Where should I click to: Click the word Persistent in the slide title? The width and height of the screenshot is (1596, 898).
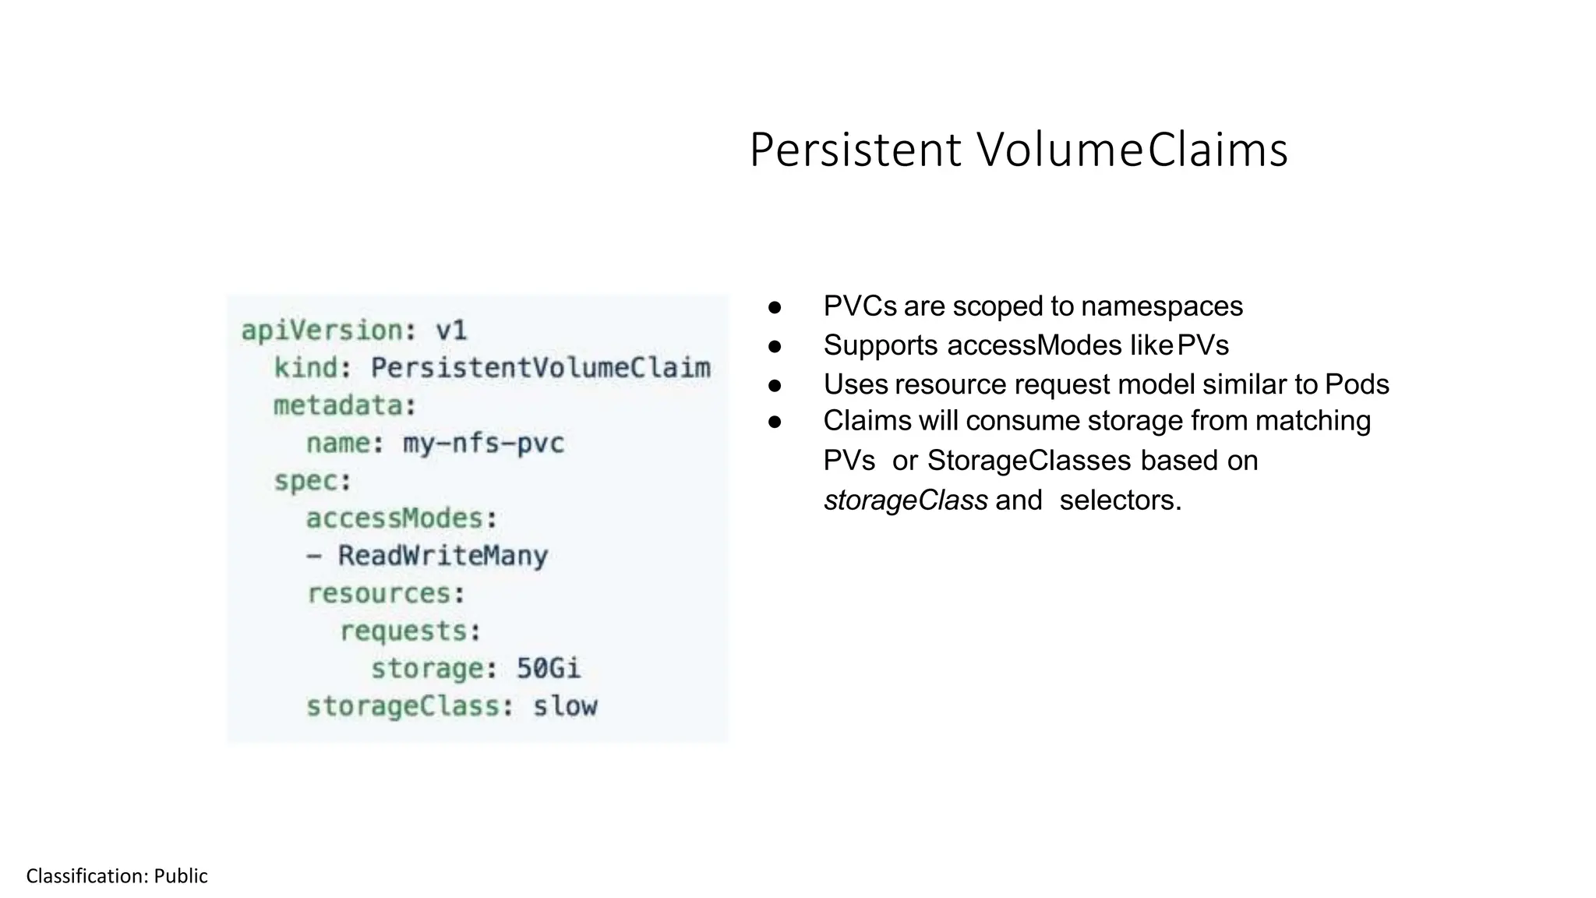pyautogui.click(x=855, y=150)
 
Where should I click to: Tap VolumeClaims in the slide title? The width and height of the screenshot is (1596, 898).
pyautogui.click(x=1132, y=150)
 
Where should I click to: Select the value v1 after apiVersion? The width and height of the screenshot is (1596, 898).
pyautogui.click(x=451, y=331)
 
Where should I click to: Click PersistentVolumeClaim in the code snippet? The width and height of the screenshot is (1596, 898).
pyautogui.click(x=540, y=368)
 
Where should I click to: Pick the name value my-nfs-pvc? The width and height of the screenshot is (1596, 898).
pyautogui.click(x=483, y=444)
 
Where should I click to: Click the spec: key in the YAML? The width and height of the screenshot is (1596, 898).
pyautogui.click(x=312, y=481)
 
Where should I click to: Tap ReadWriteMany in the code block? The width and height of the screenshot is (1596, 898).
pyautogui.click(x=443, y=556)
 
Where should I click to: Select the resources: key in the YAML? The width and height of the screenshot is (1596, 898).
pyautogui.click(x=386, y=594)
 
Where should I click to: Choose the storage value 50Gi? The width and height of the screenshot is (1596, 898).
pyautogui.click(x=549, y=669)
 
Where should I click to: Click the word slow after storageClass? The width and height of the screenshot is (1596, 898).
pyautogui.click(x=565, y=706)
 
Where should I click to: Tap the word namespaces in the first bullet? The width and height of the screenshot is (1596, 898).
pyautogui.click(x=1161, y=306)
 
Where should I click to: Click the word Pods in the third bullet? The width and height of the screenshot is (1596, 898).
pyautogui.click(x=1357, y=384)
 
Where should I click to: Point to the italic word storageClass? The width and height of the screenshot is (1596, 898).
pyautogui.click(x=906, y=500)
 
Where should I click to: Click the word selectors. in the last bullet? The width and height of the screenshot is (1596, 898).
pyautogui.click(x=1120, y=500)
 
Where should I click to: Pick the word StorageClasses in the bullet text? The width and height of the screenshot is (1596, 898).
pyautogui.click(x=1029, y=461)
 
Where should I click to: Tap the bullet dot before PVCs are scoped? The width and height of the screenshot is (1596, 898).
pyautogui.click(x=775, y=307)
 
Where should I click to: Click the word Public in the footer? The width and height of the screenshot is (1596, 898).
pyautogui.click(x=181, y=876)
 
